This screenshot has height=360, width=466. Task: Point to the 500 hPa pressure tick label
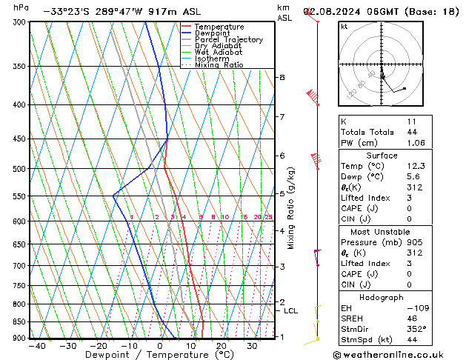point(19,169)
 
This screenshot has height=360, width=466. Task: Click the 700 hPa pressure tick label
point(19,265)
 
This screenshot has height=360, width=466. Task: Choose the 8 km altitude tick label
point(282,77)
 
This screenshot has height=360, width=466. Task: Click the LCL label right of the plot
point(291,311)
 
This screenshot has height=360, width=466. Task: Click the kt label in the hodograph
point(344,27)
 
